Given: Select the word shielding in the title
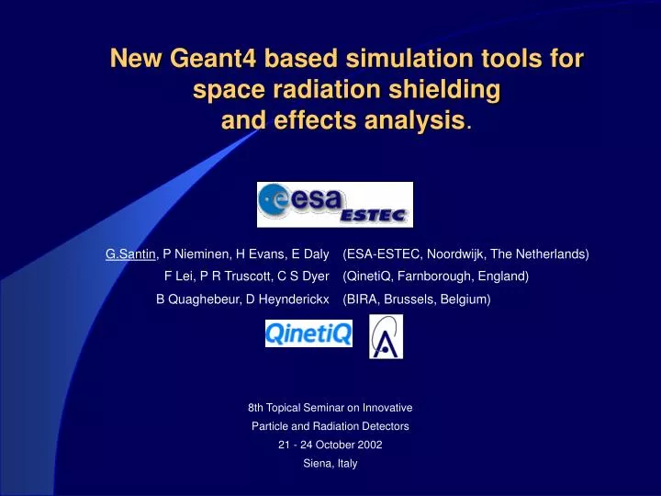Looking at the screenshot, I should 439,90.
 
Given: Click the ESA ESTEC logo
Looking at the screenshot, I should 334,205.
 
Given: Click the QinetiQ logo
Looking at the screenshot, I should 308,333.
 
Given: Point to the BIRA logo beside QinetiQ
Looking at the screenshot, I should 386,336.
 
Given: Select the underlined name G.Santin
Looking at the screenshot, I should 131,254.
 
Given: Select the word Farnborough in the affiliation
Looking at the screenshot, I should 436,276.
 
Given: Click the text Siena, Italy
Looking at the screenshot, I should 330,463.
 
